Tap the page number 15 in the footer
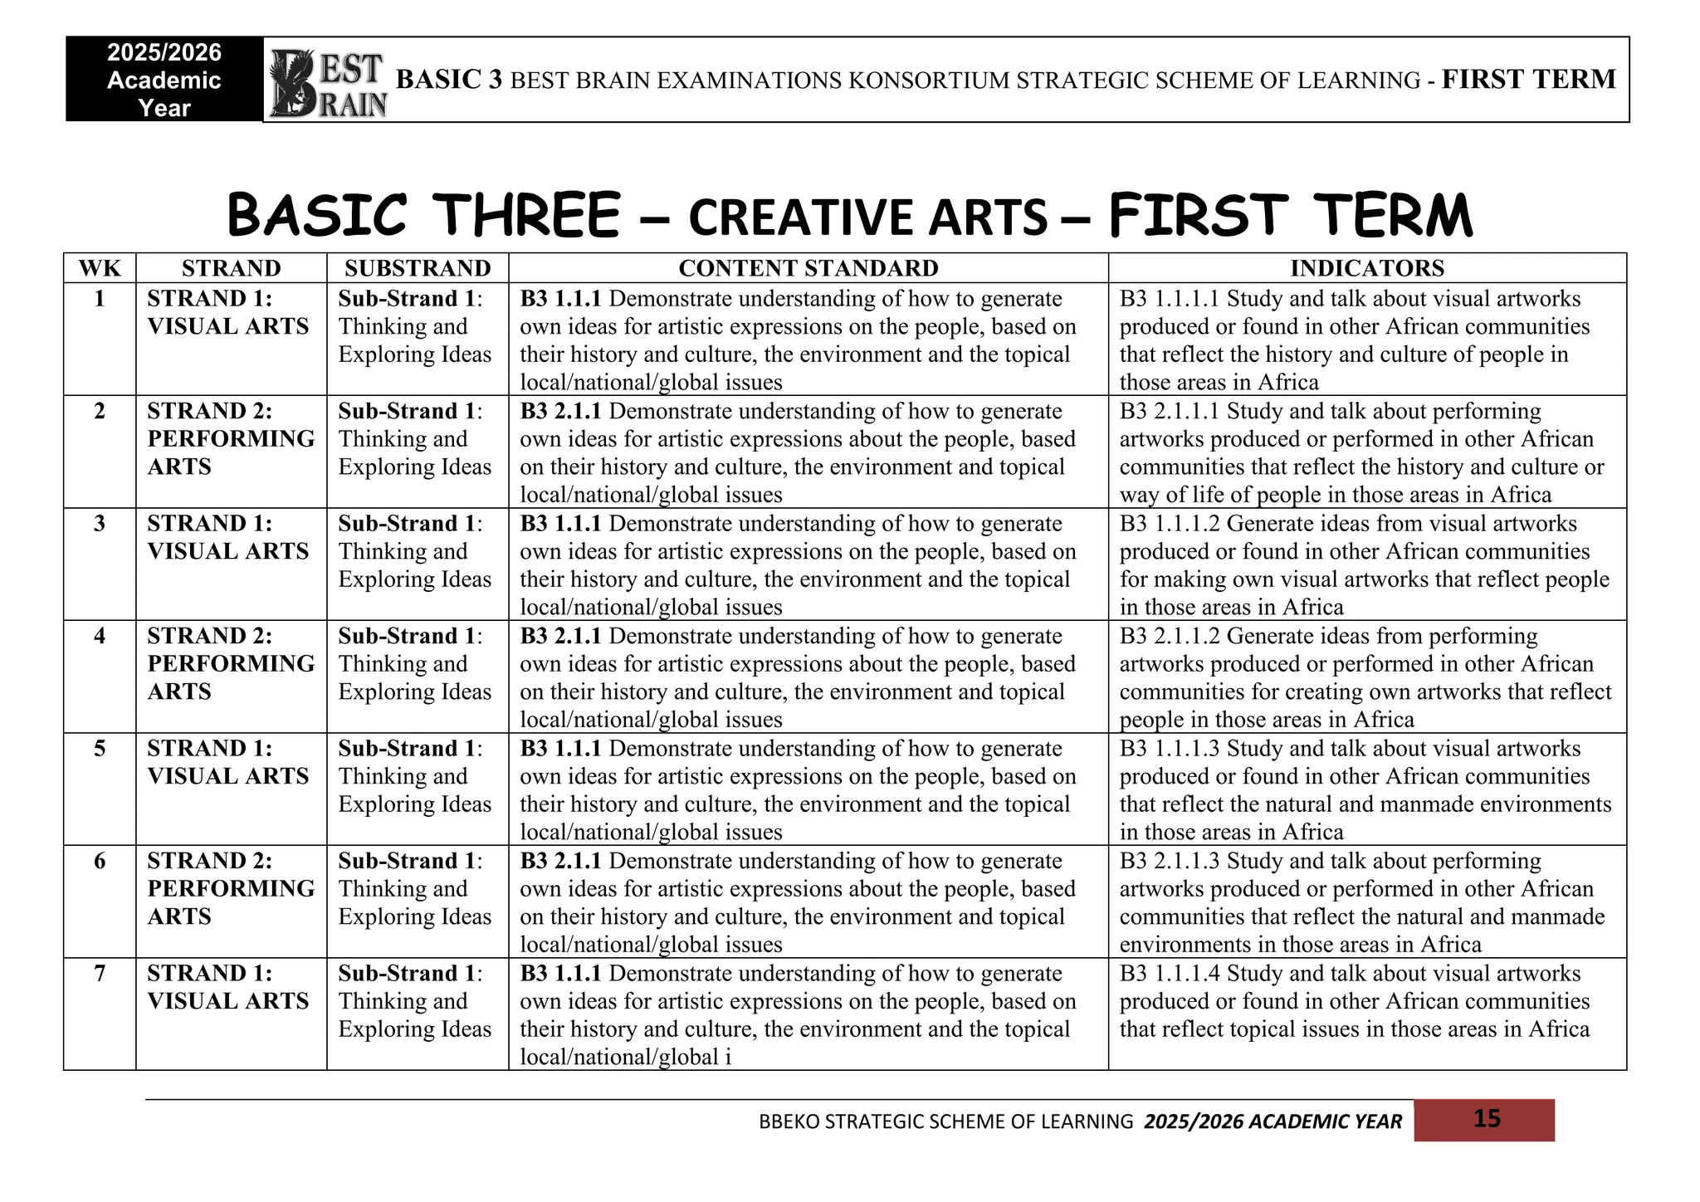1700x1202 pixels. point(1486,1119)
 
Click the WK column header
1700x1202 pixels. point(100,268)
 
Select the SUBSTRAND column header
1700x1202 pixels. point(418,268)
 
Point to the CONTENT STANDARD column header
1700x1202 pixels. point(808,268)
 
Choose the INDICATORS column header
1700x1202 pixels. point(1366,268)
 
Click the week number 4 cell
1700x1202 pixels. point(100,636)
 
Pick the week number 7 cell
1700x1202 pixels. point(100,973)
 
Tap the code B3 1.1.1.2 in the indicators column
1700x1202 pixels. point(1170,524)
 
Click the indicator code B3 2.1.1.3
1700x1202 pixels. point(1170,861)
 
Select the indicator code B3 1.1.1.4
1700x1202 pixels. point(1170,973)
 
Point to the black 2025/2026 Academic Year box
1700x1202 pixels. point(164,80)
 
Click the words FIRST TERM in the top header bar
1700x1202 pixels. point(1529,80)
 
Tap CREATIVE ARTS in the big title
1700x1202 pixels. point(867,217)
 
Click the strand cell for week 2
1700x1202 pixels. point(231,439)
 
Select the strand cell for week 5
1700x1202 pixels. point(227,762)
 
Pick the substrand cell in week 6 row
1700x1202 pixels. point(414,888)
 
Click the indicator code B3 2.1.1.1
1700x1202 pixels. point(1170,412)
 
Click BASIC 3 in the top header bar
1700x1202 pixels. point(449,80)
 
